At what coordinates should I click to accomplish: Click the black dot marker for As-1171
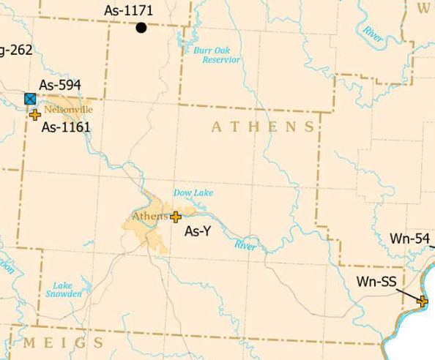[141, 28]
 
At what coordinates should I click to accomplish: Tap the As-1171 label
[129, 11]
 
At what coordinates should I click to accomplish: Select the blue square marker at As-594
[30, 99]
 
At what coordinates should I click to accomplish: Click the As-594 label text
[60, 84]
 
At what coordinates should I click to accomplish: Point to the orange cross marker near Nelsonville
[35, 114]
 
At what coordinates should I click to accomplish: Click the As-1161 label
[66, 127]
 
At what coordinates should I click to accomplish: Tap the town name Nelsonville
[68, 110]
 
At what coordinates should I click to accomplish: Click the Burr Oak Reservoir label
[216, 55]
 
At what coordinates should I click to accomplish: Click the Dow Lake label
[193, 193]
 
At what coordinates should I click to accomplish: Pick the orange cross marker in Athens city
[176, 217]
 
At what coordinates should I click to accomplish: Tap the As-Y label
[198, 232]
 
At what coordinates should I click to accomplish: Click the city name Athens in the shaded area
[149, 216]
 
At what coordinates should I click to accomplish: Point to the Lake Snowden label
[69, 289]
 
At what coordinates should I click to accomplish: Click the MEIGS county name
[64, 343]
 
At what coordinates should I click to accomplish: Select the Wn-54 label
[410, 239]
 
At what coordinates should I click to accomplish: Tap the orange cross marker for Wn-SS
[423, 301]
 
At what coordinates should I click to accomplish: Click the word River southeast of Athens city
[245, 246]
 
